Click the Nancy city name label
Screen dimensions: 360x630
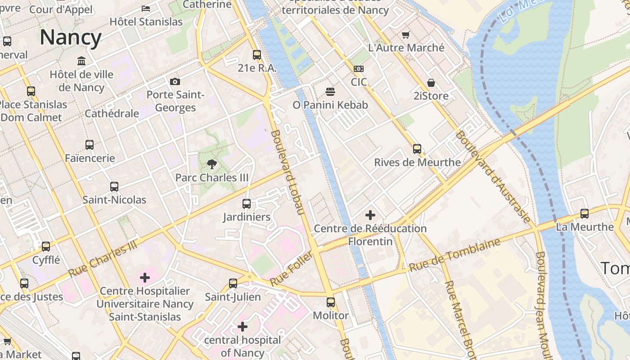(x=71, y=37)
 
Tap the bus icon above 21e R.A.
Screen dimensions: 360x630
(x=257, y=55)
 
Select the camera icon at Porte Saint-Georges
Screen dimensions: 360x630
(x=175, y=81)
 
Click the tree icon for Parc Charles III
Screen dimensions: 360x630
(x=211, y=164)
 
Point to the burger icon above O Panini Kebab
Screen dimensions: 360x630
(x=330, y=92)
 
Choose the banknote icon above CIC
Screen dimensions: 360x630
(x=359, y=69)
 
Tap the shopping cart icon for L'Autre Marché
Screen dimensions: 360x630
(x=406, y=35)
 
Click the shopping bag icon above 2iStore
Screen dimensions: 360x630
(x=431, y=83)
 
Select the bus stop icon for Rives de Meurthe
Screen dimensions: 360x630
(x=417, y=149)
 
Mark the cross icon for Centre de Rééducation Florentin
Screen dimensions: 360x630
(x=370, y=215)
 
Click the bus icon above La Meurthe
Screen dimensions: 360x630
(x=585, y=214)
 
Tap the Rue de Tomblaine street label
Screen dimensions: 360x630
(x=454, y=255)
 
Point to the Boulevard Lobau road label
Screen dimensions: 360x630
(x=288, y=172)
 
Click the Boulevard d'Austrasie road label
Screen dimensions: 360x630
(x=493, y=176)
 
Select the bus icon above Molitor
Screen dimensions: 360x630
(x=331, y=302)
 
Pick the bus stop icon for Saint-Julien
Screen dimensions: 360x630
(x=233, y=283)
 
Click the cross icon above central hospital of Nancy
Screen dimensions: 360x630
(x=243, y=327)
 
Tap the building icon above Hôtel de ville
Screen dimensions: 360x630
(x=81, y=61)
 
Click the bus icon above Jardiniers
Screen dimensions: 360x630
(x=247, y=204)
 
